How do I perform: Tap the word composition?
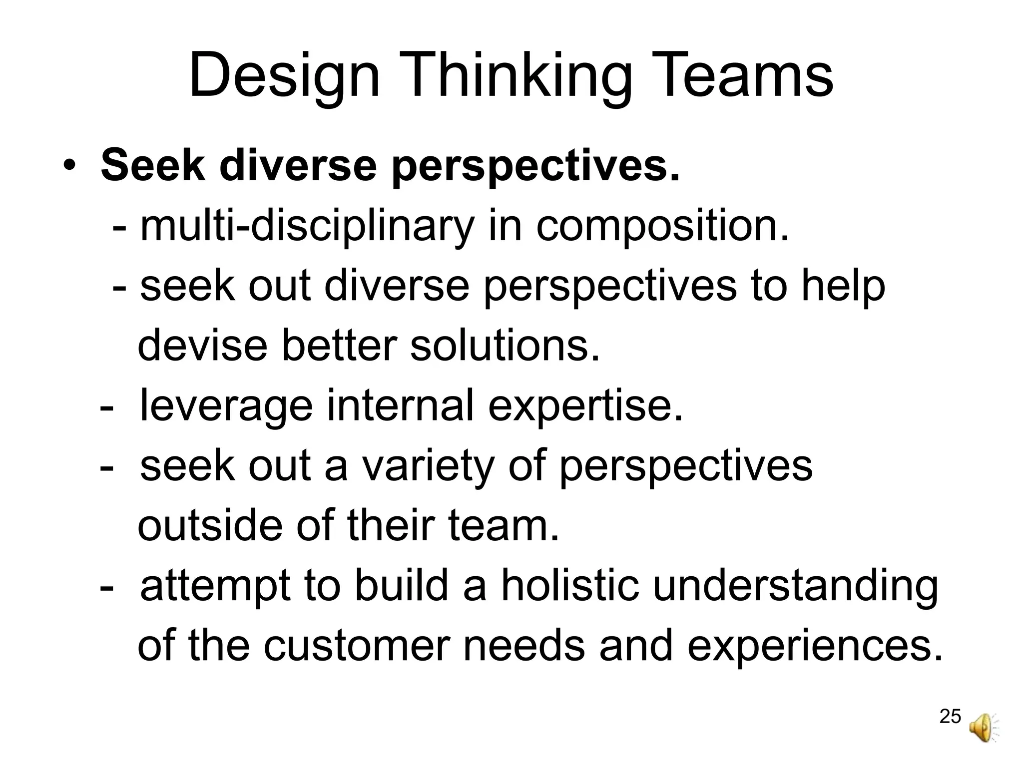click(x=663, y=227)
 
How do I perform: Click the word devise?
click(x=202, y=346)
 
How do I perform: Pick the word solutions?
click(x=505, y=346)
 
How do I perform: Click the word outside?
click(x=210, y=526)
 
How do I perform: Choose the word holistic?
click(x=569, y=586)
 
